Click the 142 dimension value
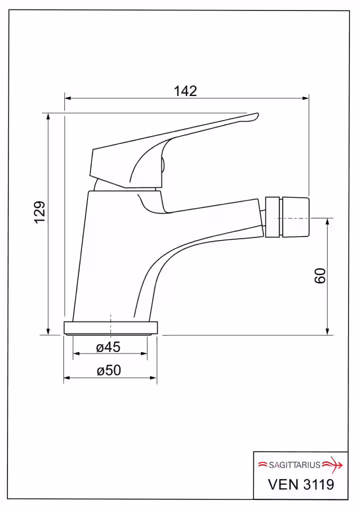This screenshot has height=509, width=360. point(185,91)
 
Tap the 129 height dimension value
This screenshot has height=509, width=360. point(40,212)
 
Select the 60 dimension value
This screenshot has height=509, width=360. point(320,276)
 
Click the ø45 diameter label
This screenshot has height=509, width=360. point(108,347)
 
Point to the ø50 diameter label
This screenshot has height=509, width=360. point(108,370)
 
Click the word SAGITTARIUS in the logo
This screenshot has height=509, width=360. point(294,465)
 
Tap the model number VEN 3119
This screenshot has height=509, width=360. point(301,484)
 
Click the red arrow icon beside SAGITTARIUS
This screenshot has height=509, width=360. point(332,465)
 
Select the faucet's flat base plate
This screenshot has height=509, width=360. point(110,328)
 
